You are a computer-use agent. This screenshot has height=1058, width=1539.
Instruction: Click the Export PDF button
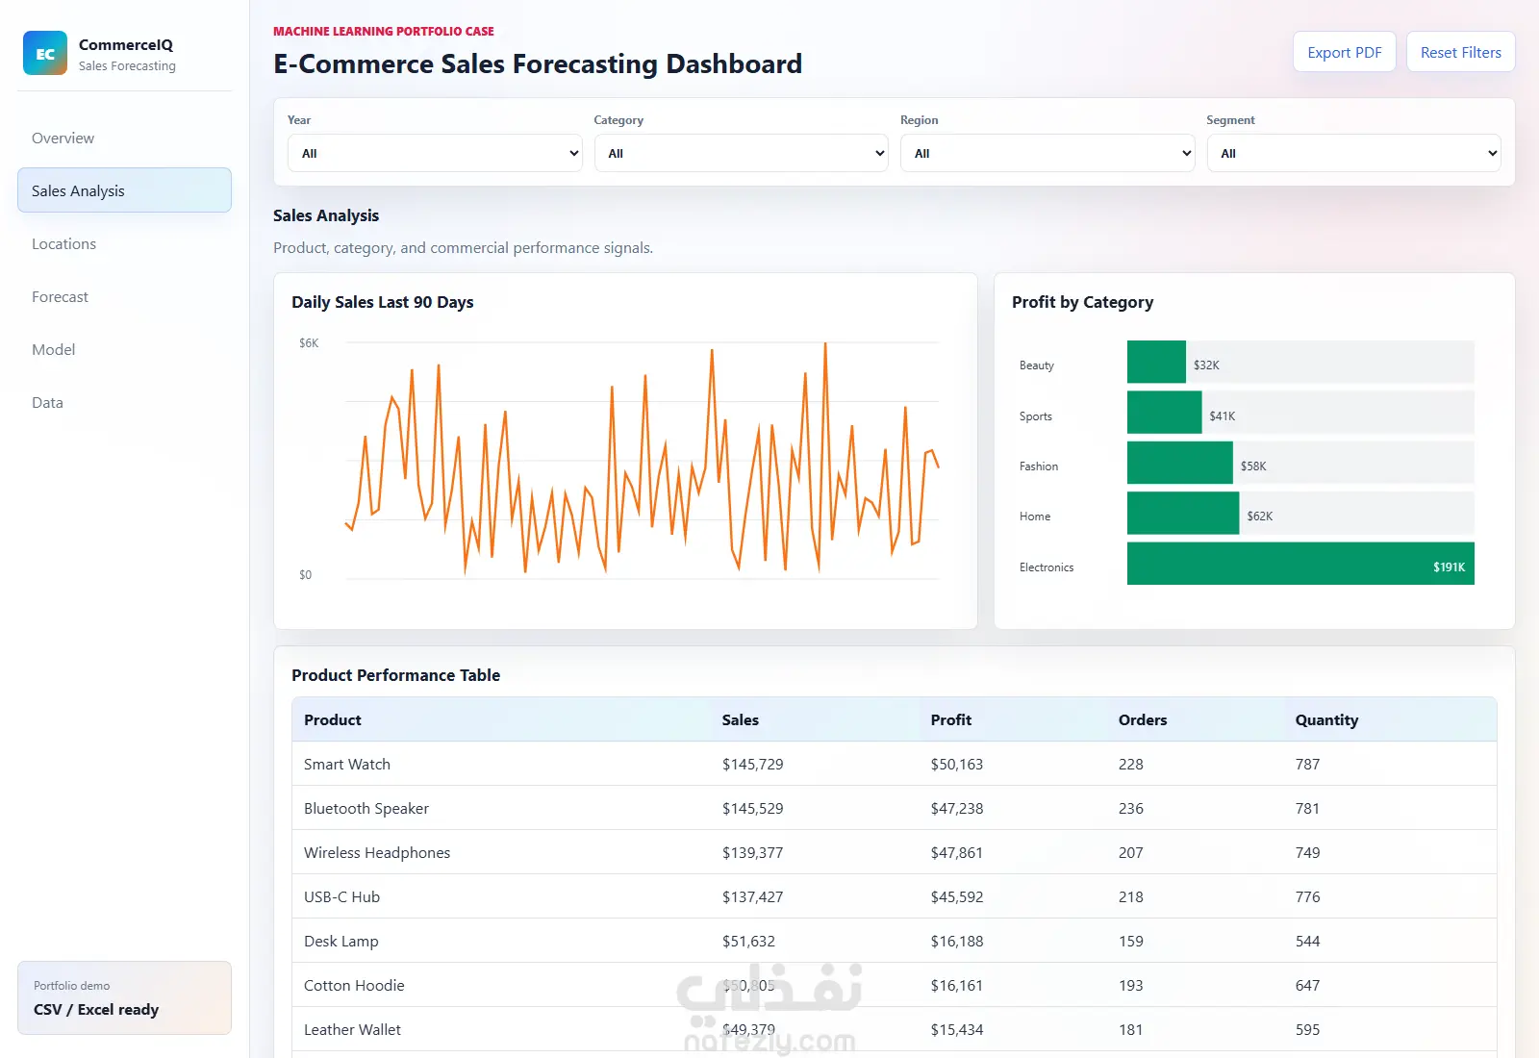[x=1344, y=52]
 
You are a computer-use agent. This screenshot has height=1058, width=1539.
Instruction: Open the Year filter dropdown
[x=434, y=153]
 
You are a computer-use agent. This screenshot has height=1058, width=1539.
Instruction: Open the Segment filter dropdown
[x=1353, y=153]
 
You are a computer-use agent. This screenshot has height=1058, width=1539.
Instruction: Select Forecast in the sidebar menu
[x=60, y=297]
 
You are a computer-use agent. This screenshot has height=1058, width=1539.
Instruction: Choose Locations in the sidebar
[x=63, y=244]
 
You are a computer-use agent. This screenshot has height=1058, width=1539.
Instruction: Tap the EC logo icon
[x=45, y=53]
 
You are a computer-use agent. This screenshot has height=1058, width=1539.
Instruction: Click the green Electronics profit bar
[x=1300, y=564]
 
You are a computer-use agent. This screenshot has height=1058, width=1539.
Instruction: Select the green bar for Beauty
[x=1156, y=362]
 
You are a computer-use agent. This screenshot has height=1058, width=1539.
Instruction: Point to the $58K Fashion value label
[x=1253, y=466]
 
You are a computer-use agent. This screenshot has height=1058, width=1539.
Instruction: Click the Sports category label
[x=1035, y=416]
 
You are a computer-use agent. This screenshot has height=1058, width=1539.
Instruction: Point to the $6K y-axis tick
[x=309, y=342]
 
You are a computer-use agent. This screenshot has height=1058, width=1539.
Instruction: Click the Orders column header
[x=1143, y=720]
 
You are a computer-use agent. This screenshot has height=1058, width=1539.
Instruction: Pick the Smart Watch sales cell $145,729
[x=752, y=764]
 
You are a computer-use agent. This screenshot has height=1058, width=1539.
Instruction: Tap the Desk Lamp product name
[x=341, y=942]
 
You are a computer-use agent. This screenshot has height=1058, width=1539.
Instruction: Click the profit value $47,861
[x=956, y=852]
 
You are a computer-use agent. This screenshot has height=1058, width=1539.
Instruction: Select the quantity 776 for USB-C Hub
[x=1307, y=896]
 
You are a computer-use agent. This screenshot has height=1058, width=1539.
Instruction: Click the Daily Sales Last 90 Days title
[x=382, y=302]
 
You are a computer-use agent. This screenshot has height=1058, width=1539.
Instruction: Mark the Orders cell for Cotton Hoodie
[x=1131, y=985]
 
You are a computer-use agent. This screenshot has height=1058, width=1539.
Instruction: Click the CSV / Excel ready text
[x=96, y=1009]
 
